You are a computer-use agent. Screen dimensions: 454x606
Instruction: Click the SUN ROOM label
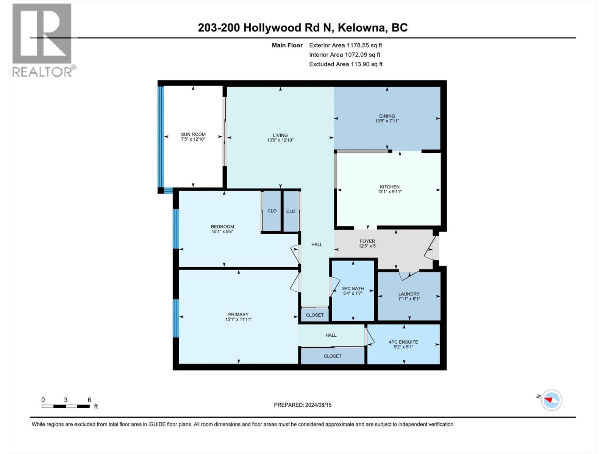point(193,134)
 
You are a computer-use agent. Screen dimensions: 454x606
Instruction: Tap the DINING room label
point(387,116)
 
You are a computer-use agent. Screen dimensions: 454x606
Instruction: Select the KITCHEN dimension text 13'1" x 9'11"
point(390,192)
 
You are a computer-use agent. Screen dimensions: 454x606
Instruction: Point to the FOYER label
point(367,241)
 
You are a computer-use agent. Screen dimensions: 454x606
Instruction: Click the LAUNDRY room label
point(409,294)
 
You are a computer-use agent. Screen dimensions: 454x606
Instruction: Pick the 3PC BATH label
point(353,288)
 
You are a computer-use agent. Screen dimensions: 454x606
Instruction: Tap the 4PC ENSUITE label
point(403,342)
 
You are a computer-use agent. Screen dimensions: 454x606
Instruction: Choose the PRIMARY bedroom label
point(238,314)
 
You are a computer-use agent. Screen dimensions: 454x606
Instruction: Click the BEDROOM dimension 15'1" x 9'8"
point(222,232)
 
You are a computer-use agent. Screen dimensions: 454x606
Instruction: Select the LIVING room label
point(280,135)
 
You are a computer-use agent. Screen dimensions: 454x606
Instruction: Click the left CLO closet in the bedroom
point(272,211)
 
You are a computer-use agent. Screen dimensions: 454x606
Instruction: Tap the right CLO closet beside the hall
point(291,211)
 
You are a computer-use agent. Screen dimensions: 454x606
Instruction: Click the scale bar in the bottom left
point(66,406)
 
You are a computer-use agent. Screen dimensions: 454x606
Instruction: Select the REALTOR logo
point(42,40)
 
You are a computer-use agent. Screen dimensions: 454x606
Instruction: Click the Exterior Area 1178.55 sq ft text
point(345,45)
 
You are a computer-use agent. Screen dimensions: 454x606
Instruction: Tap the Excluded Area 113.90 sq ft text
point(346,64)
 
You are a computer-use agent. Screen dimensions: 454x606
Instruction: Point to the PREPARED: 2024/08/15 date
point(303,405)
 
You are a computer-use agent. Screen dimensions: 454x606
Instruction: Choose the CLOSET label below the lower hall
point(333,356)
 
